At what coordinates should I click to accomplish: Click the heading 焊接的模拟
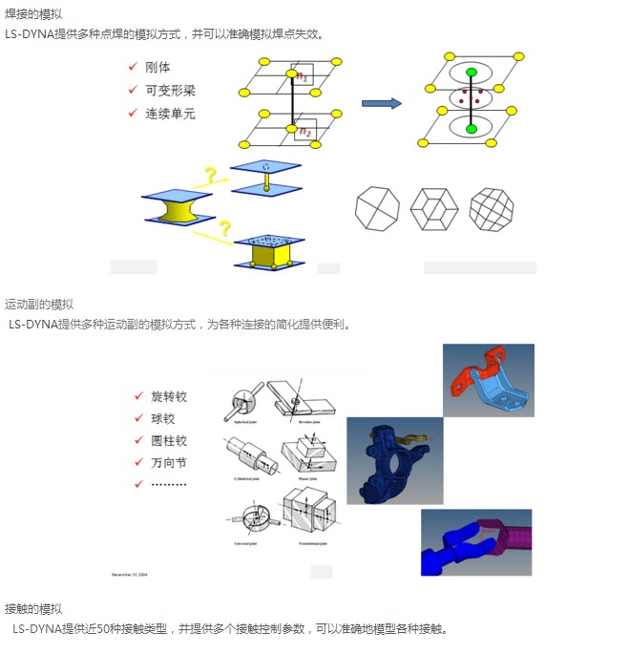pos(33,13)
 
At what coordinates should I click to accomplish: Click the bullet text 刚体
pos(157,68)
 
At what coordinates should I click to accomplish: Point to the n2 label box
pos(304,131)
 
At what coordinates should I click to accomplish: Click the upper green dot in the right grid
pos(471,74)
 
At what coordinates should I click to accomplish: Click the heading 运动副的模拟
pos(39,304)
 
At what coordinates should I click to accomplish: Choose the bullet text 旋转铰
pos(169,396)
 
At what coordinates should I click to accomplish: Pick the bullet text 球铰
pos(163,418)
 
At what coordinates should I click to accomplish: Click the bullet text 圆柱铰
pos(169,441)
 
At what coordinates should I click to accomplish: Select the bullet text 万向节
pos(169,463)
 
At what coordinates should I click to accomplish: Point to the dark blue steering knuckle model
pos(382,463)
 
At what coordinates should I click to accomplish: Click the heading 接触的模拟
pos(33,609)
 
